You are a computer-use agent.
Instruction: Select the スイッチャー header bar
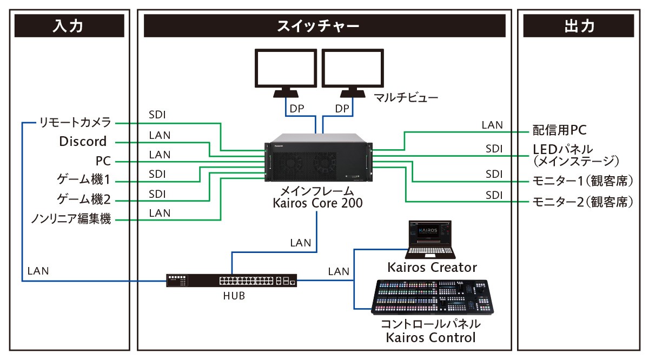325,26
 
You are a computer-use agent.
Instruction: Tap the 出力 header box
579,26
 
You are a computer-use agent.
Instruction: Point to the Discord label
83,142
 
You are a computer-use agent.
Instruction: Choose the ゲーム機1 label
84,180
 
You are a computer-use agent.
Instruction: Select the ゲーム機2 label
84,199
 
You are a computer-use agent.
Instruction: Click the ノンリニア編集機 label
71,219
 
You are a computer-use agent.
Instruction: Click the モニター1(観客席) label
581,181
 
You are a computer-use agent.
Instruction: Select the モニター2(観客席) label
581,203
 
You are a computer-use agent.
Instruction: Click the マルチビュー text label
406,98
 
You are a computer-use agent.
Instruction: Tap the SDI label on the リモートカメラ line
157,115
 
